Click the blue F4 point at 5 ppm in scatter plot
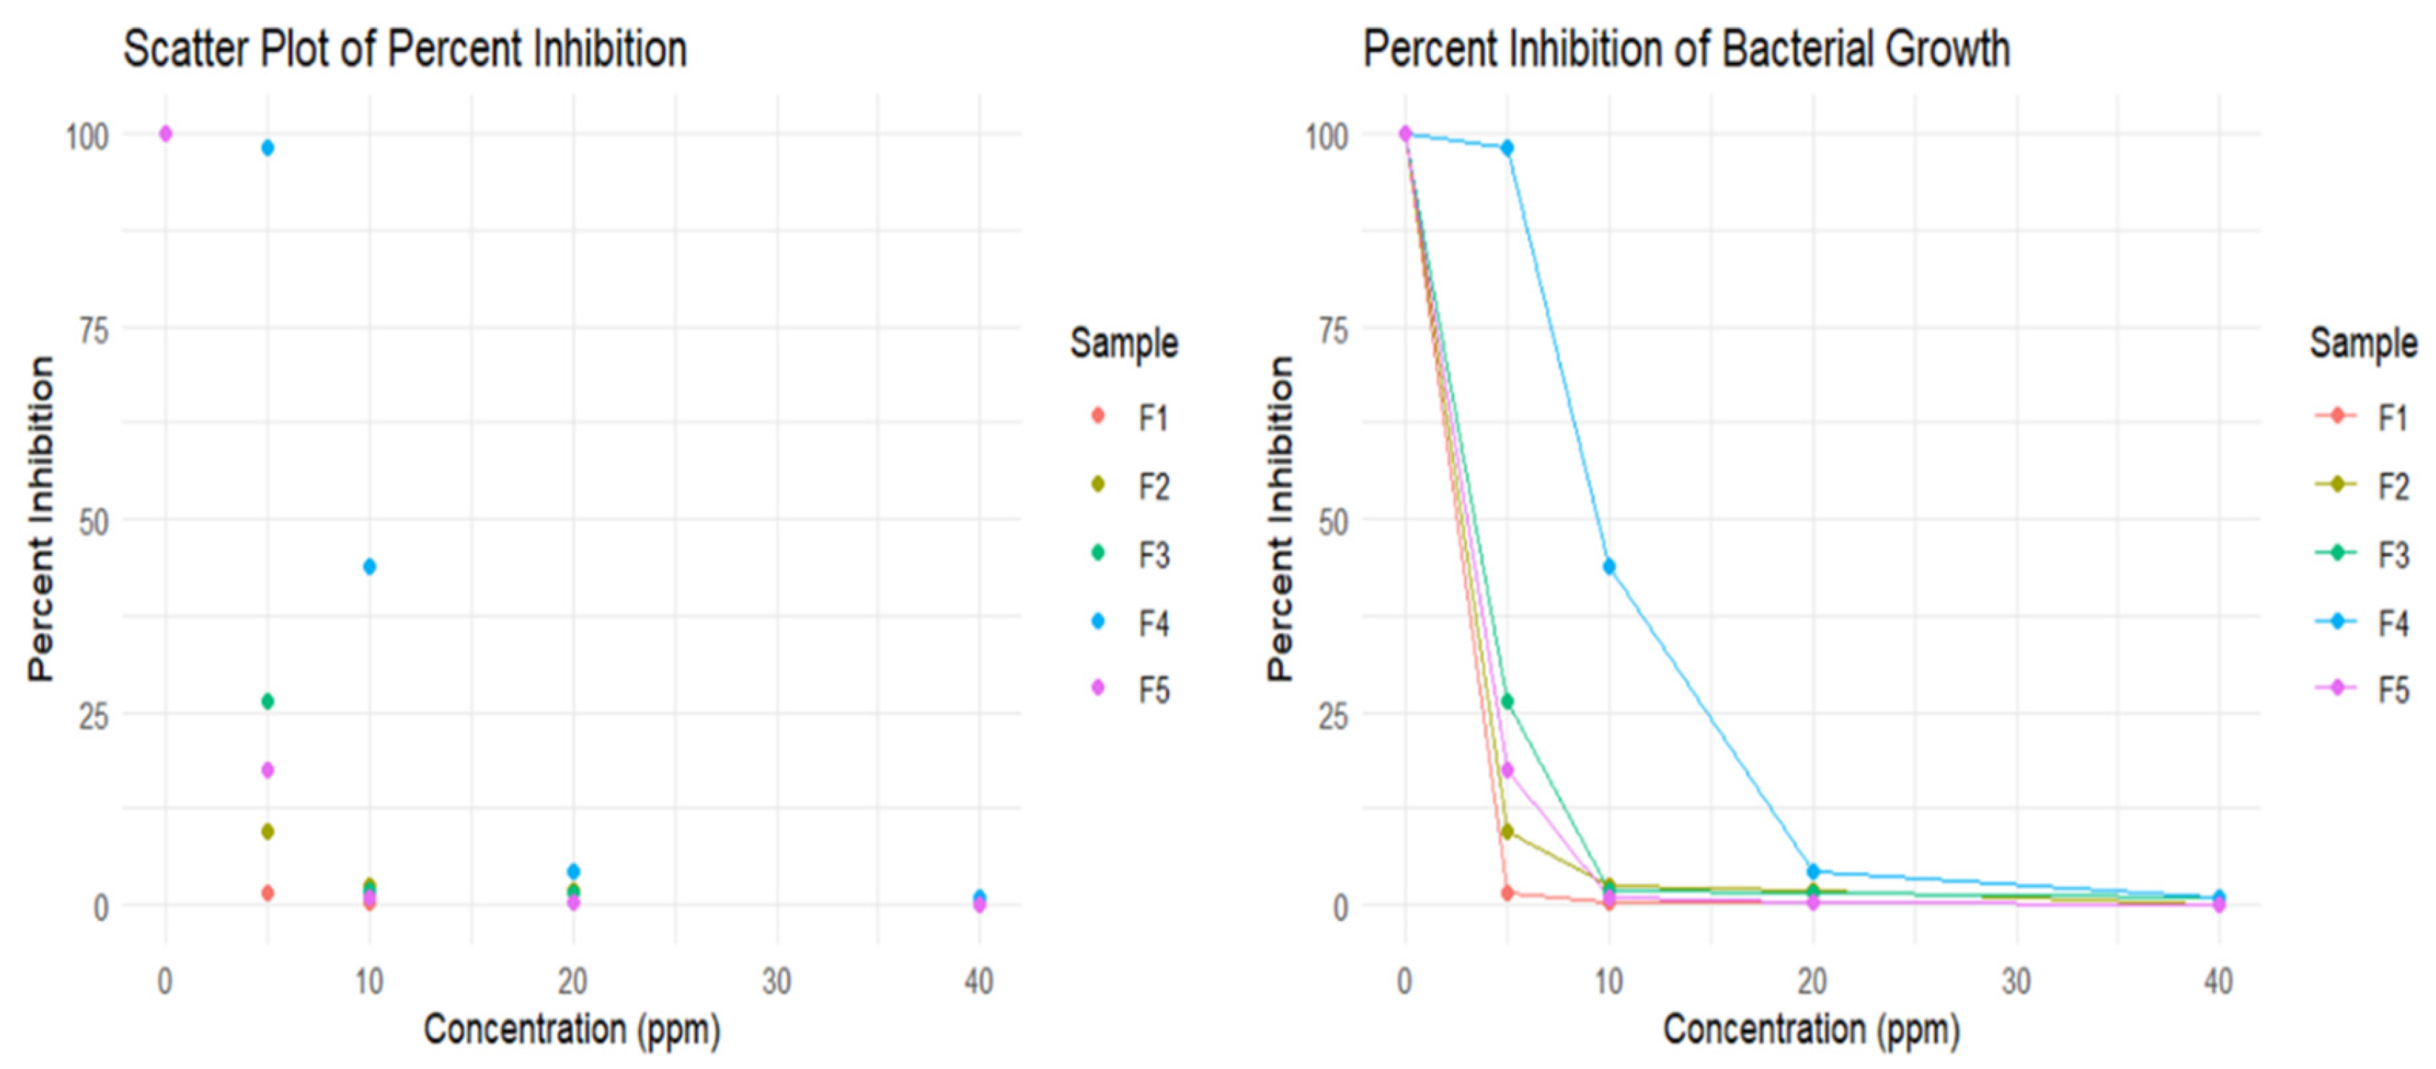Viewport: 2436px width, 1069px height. [268, 147]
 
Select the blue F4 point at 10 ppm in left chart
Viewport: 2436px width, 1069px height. [370, 566]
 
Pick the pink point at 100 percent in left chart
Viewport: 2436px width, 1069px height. [165, 134]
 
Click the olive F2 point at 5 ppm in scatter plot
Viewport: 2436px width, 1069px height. [268, 832]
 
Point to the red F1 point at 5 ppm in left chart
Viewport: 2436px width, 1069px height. [268, 892]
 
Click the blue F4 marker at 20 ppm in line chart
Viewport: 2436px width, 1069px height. [1813, 871]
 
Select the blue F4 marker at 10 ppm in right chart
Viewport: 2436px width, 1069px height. [1609, 566]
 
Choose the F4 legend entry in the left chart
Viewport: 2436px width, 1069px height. [1135, 623]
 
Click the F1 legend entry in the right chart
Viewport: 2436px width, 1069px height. [2374, 416]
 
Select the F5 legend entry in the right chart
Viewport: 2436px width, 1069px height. [2374, 690]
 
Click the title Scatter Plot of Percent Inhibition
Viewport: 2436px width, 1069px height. [405, 49]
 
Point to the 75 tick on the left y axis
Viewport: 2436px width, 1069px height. [92, 331]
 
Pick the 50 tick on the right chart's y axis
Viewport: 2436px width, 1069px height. [1332, 523]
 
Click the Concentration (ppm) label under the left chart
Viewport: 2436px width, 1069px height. [571, 1029]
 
